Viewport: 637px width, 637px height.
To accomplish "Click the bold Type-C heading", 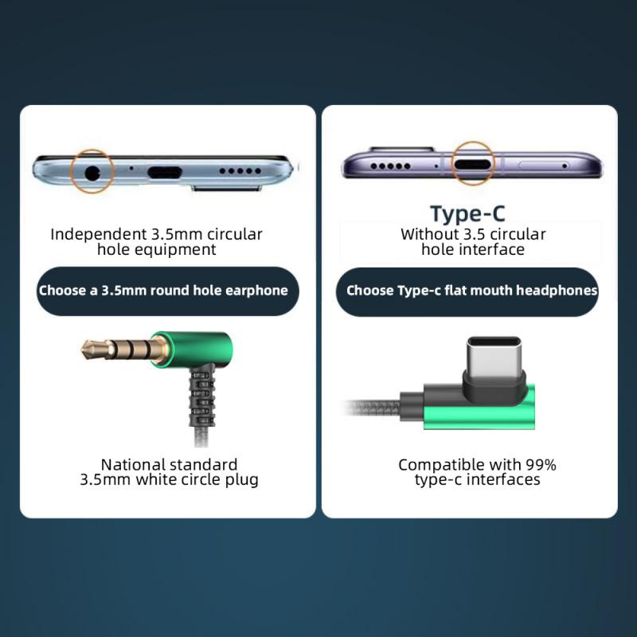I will (x=467, y=213).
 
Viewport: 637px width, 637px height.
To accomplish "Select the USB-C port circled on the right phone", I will (x=473, y=166).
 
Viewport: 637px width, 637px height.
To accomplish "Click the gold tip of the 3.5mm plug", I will (x=90, y=347).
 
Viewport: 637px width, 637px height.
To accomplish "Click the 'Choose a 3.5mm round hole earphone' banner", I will (x=163, y=291).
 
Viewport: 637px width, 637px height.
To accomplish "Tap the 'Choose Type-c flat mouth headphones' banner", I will (x=471, y=291).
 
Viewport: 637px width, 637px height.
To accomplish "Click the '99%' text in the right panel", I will (x=541, y=464).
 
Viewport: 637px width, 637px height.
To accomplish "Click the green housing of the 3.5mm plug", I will (x=199, y=348).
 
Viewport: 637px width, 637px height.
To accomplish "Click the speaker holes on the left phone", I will (x=240, y=170).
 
